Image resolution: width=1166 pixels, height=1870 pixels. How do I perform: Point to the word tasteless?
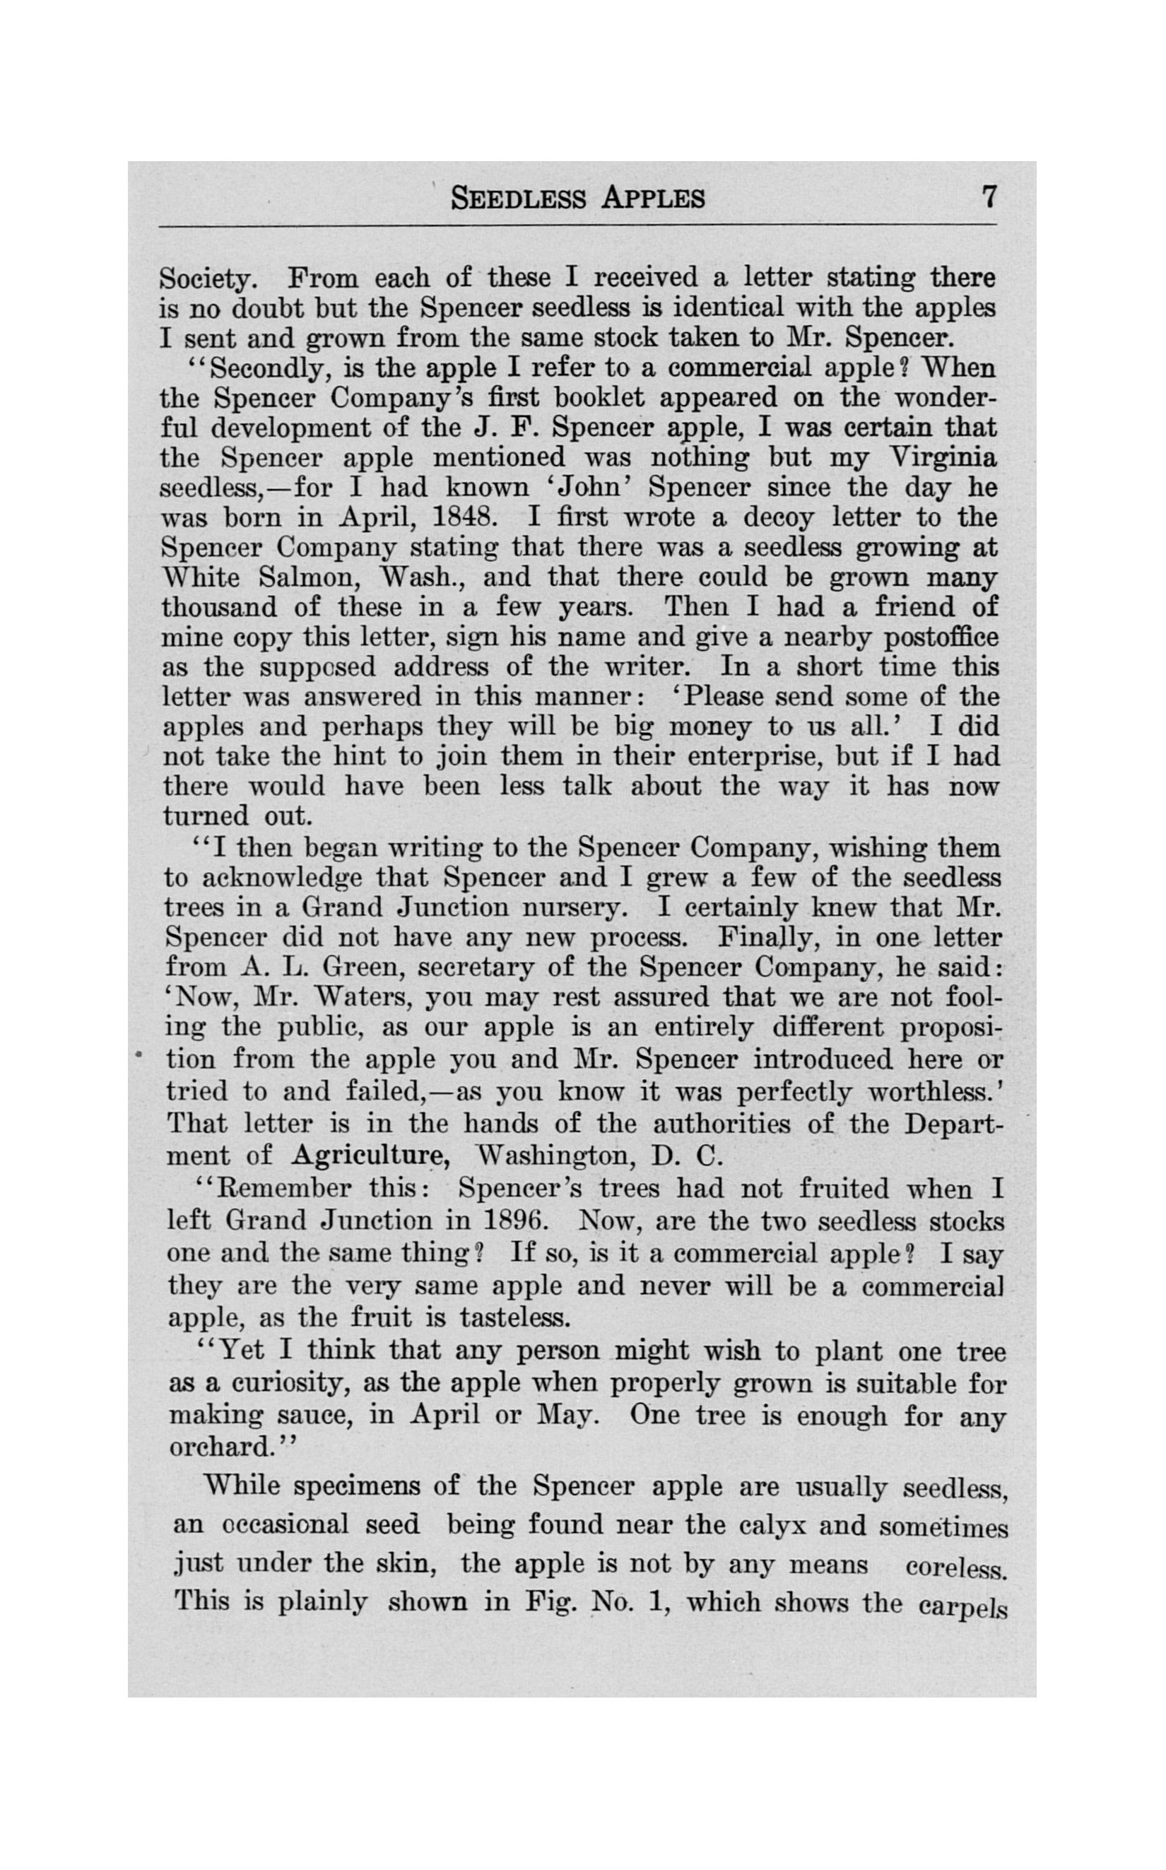tap(514, 1317)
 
